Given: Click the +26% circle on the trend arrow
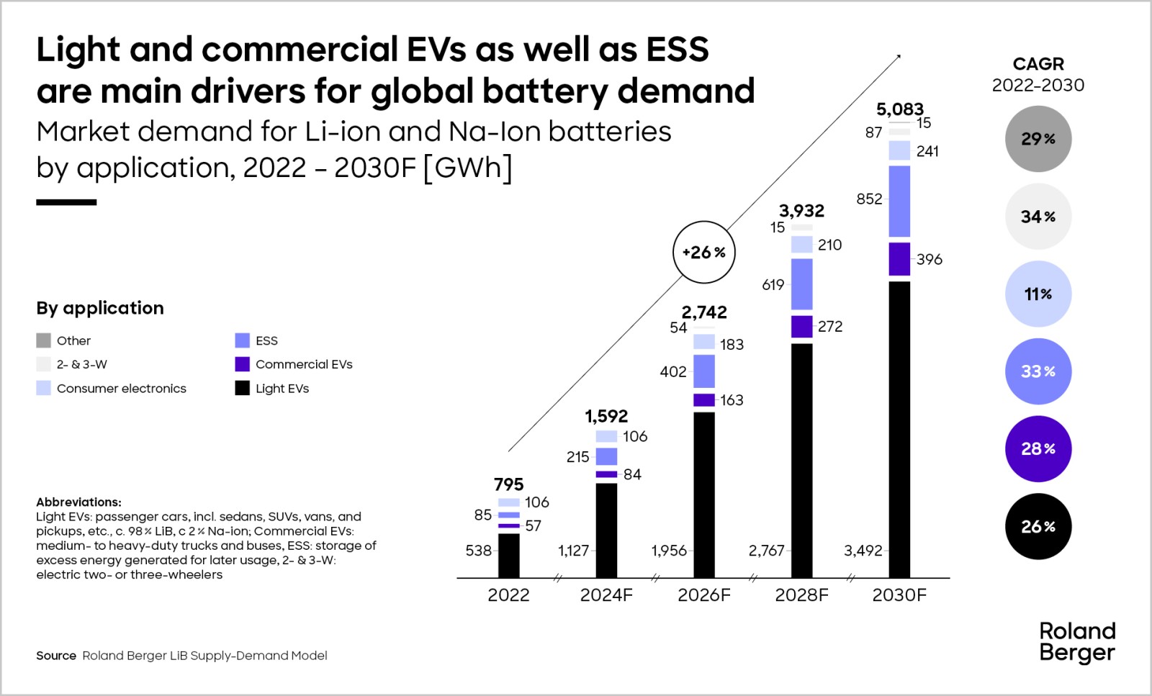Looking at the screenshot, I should [x=703, y=253].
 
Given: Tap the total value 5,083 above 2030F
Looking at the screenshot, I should [x=899, y=109].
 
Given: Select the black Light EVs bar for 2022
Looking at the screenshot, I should [x=508, y=555].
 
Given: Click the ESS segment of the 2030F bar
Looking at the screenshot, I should [x=899, y=201].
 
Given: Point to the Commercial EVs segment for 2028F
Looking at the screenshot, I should [x=801, y=326].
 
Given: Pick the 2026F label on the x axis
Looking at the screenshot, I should [x=703, y=595].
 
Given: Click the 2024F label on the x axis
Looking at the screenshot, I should [x=606, y=595].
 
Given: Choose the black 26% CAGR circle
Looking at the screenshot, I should [x=1038, y=526].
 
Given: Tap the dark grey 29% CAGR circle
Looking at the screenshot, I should [x=1038, y=139].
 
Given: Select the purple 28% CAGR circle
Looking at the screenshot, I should [x=1038, y=448].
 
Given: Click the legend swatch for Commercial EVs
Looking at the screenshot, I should [x=242, y=364].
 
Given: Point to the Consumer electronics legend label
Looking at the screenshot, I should [x=121, y=389].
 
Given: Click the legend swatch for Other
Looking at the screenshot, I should [x=44, y=340].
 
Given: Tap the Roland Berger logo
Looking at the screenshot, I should [x=1077, y=642].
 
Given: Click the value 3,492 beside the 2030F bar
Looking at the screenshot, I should [x=863, y=551].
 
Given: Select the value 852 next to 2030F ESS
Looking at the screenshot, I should [x=869, y=199].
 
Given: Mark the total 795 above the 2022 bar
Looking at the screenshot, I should [x=508, y=484].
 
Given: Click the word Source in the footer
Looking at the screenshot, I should [x=56, y=656].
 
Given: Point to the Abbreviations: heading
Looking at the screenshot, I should [x=78, y=502].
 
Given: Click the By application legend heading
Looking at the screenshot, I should [x=100, y=308].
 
